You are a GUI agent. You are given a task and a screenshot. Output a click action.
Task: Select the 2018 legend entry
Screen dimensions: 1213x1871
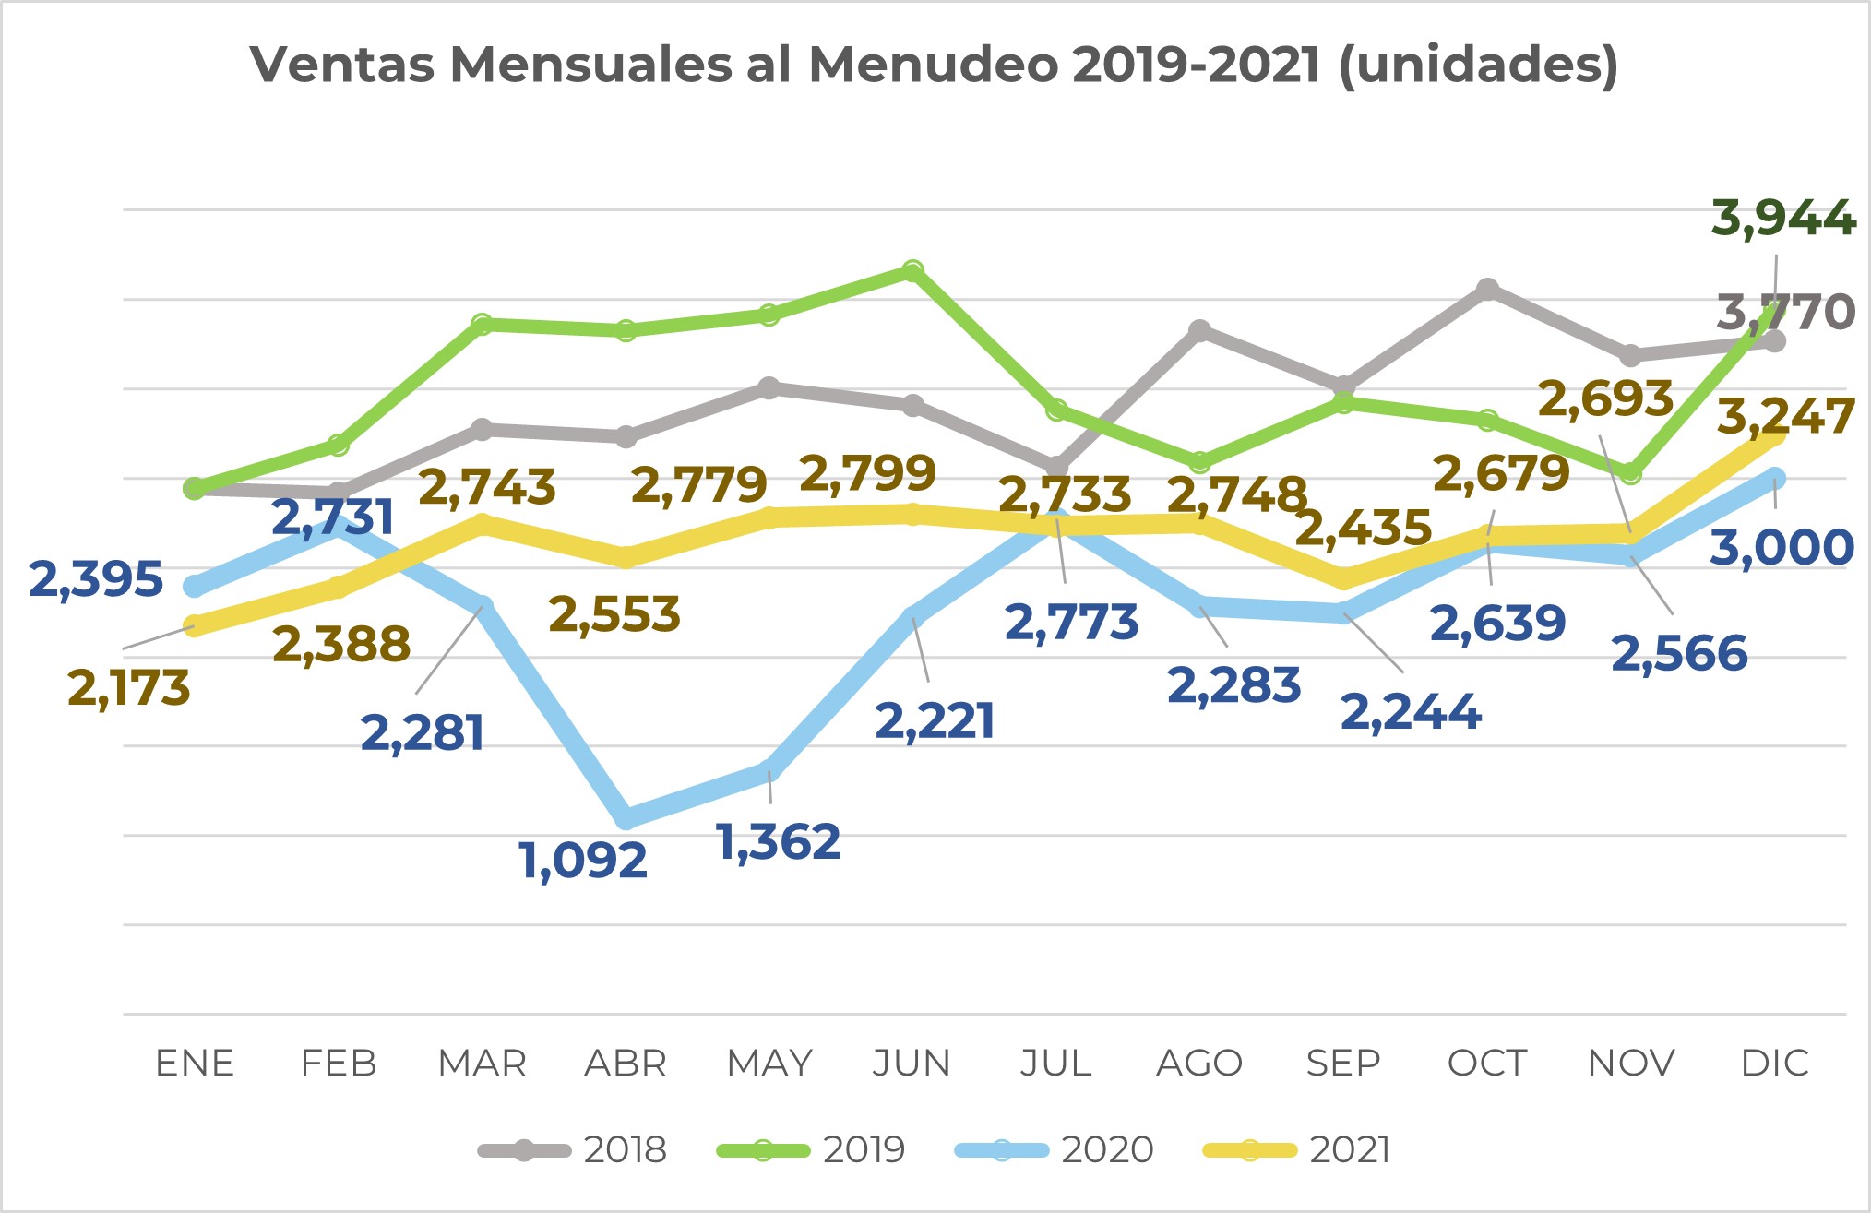pyautogui.click(x=572, y=1150)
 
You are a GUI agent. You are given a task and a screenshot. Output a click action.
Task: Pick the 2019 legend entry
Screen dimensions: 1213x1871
pyautogui.click(x=811, y=1150)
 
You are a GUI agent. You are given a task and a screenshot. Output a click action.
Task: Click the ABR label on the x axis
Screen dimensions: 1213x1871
pyautogui.click(x=626, y=1064)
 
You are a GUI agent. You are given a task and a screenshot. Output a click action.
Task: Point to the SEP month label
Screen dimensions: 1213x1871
pyautogui.click(x=1343, y=1064)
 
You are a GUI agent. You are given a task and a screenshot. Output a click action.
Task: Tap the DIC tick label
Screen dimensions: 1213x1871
pyautogui.click(x=1774, y=1064)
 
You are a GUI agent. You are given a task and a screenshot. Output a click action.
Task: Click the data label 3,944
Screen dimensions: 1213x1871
pyautogui.click(x=1783, y=219)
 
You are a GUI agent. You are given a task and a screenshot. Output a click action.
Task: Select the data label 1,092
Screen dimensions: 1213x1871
pyautogui.click(x=583, y=861)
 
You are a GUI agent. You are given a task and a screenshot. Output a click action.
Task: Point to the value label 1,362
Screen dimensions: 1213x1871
pyautogui.click(x=779, y=842)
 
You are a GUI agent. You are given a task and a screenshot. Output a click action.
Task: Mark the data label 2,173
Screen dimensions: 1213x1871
pyautogui.click(x=129, y=689)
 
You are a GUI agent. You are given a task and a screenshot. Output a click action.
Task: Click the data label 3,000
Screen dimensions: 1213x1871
pyautogui.click(x=1782, y=547)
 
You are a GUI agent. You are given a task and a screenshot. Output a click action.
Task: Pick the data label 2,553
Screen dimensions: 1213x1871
pyautogui.click(x=614, y=614)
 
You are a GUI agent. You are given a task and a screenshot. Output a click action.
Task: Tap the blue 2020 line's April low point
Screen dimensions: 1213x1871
pyautogui.click(x=626, y=817)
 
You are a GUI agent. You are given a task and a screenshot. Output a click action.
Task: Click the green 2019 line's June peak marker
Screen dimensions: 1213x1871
pyautogui.click(x=912, y=270)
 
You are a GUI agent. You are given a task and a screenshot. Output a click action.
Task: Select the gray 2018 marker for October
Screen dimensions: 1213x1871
pyautogui.click(x=1487, y=290)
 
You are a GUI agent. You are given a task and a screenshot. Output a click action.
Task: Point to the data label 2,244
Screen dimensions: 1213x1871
pyautogui.click(x=1411, y=712)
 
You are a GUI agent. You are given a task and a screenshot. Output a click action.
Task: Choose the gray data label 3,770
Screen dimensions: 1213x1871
pyautogui.click(x=1785, y=312)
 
